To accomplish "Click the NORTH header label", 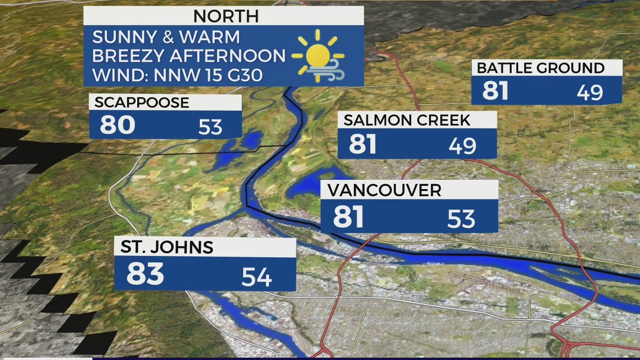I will click(x=226, y=16).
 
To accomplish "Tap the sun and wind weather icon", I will click(x=317, y=56).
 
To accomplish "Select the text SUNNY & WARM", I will click(x=166, y=37).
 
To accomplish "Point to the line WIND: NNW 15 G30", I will click(x=177, y=75).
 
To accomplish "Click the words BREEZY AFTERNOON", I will click(x=189, y=56).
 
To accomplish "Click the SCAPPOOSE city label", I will click(x=142, y=103).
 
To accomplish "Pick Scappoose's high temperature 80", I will click(x=118, y=125).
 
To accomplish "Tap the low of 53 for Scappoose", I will click(x=210, y=127).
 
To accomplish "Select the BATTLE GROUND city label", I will click(x=541, y=68).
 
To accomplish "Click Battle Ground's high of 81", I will click(x=495, y=91).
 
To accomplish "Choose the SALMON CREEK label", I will click(x=407, y=120).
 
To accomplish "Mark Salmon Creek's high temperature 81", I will click(x=363, y=144).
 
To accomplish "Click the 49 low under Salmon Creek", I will click(x=463, y=146).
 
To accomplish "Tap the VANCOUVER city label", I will click(x=384, y=191).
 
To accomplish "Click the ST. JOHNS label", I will click(x=167, y=247).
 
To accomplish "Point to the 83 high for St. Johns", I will click(x=145, y=274).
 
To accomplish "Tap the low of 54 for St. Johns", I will click(x=257, y=277).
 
